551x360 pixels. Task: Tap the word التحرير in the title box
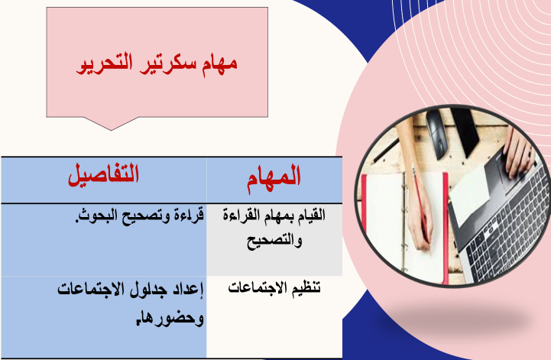click(x=105, y=64)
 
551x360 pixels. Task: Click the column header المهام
click(x=274, y=178)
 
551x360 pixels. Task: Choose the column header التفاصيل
click(x=104, y=174)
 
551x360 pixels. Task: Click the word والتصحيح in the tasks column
click(x=274, y=242)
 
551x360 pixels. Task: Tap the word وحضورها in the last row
click(x=170, y=318)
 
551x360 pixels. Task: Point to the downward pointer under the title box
click(x=111, y=124)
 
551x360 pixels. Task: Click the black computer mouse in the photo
click(x=437, y=135)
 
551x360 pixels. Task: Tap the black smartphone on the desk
click(x=465, y=131)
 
